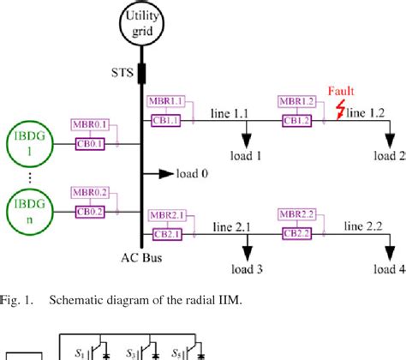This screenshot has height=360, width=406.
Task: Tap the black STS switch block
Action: pos(141,69)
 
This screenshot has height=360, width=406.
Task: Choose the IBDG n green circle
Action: pos(27,209)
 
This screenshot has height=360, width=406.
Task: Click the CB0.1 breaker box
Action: pos(92,143)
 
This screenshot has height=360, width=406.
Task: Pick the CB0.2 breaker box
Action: pos(92,211)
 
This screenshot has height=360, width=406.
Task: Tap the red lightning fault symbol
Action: pos(343,110)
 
